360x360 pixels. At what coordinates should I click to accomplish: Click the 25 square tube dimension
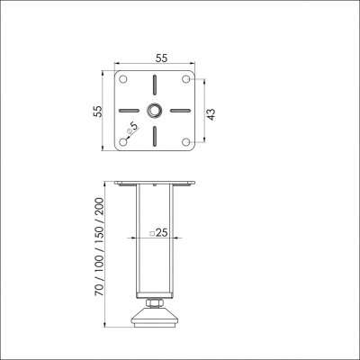coord(162,233)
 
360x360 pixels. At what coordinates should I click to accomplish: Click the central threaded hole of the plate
coord(156,111)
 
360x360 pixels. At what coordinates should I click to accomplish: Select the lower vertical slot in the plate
coord(156,132)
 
